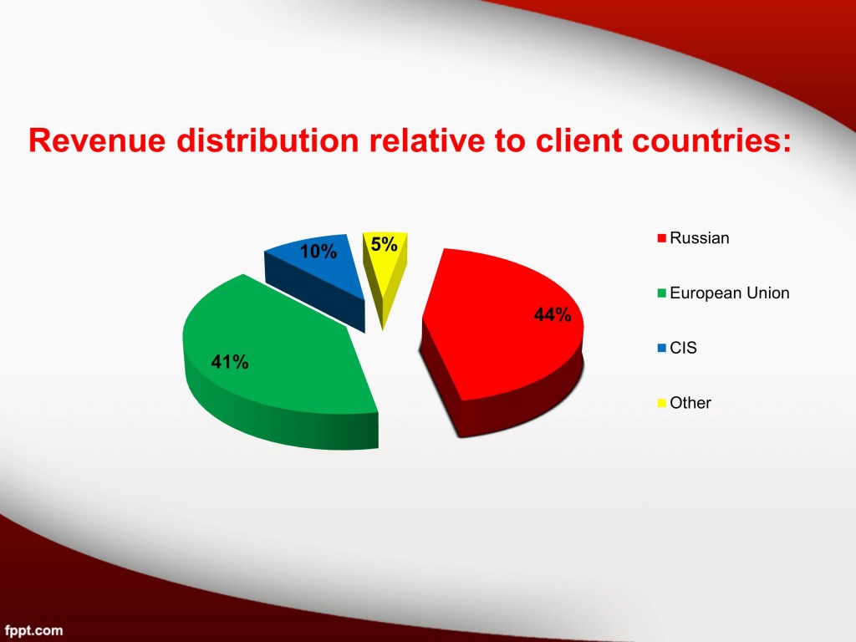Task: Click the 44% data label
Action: pos(553,315)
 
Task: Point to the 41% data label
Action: pos(230,362)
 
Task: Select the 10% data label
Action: pos(318,252)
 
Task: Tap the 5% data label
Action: pos(384,245)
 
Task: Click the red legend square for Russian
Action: pos(662,238)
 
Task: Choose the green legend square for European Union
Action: pos(662,293)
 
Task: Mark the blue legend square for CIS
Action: pos(662,348)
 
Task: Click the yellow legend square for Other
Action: pos(662,403)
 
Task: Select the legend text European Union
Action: pos(729,293)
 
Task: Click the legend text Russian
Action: pos(700,238)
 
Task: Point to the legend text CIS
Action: pos(683,348)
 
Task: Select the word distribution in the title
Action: pos(267,140)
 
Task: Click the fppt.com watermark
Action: pos(32,631)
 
